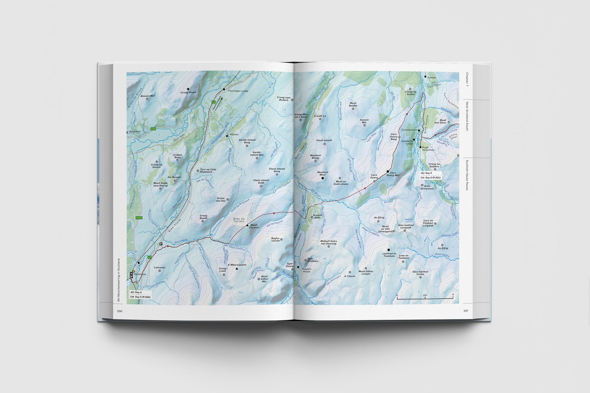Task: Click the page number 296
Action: tap(119, 311)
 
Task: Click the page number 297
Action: tap(466, 311)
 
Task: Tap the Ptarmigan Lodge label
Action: tap(238, 91)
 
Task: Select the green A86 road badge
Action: tap(153, 129)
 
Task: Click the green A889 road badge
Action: tap(139, 218)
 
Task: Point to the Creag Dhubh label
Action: tap(188, 92)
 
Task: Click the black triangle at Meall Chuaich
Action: tap(247, 225)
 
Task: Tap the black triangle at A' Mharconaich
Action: tap(237, 268)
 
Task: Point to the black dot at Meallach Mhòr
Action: tap(323, 178)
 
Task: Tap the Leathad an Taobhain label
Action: tap(389, 255)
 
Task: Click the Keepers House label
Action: tap(307, 270)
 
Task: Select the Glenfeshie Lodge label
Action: tap(407, 142)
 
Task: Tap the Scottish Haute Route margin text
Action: tap(467, 175)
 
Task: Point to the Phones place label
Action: tap(234, 135)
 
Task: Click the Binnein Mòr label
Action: tap(147, 96)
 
